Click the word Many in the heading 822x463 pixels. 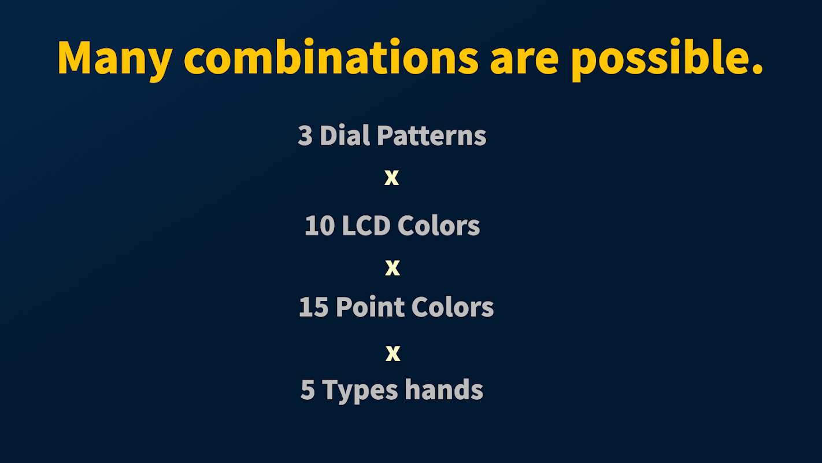pos(115,60)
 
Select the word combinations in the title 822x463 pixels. pos(331,57)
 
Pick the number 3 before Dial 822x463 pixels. pos(305,135)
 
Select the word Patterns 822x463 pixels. pos(432,135)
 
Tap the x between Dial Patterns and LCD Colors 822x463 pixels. pos(391,178)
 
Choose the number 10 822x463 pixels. pos(320,225)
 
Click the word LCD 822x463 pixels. pos(366,225)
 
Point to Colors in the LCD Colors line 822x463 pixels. pos(439,225)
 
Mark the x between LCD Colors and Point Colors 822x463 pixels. pos(393,268)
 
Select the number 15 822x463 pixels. pos(314,307)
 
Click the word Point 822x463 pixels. pos(370,307)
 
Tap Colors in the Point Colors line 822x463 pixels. pos(453,307)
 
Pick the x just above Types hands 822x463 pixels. pos(393,354)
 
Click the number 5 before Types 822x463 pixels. pos(308,390)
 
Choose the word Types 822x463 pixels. pos(360,391)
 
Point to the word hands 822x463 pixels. pos(444,389)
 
